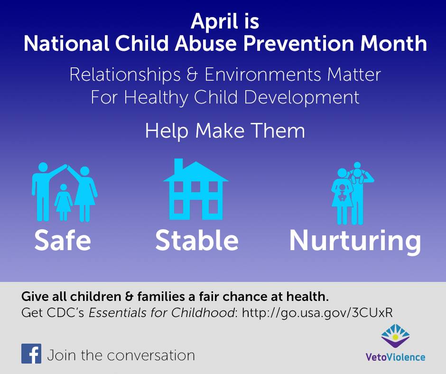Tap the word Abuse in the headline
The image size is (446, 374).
(x=205, y=43)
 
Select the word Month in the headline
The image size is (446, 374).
(x=394, y=43)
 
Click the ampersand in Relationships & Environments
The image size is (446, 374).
(x=193, y=75)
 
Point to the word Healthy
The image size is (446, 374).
(x=156, y=98)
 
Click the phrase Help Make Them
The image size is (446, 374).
(x=225, y=131)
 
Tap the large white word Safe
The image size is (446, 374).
(x=63, y=241)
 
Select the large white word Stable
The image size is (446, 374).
(x=197, y=241)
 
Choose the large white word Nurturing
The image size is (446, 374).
(x=355, y=242)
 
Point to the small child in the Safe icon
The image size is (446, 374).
(x=64, y=202)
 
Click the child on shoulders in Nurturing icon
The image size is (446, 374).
(x=358, y=172)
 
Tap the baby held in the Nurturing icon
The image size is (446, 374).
(x=343, y=192)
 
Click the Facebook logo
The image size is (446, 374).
(x=31, y=354)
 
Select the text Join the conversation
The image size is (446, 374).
(x=121, y=355)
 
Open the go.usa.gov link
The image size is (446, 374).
(x=317, y=313)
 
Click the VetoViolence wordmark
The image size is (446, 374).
(x=395, y=357)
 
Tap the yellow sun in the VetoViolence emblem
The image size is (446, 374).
(x=395, y=337)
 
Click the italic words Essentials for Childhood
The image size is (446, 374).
(x=162, y=313)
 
